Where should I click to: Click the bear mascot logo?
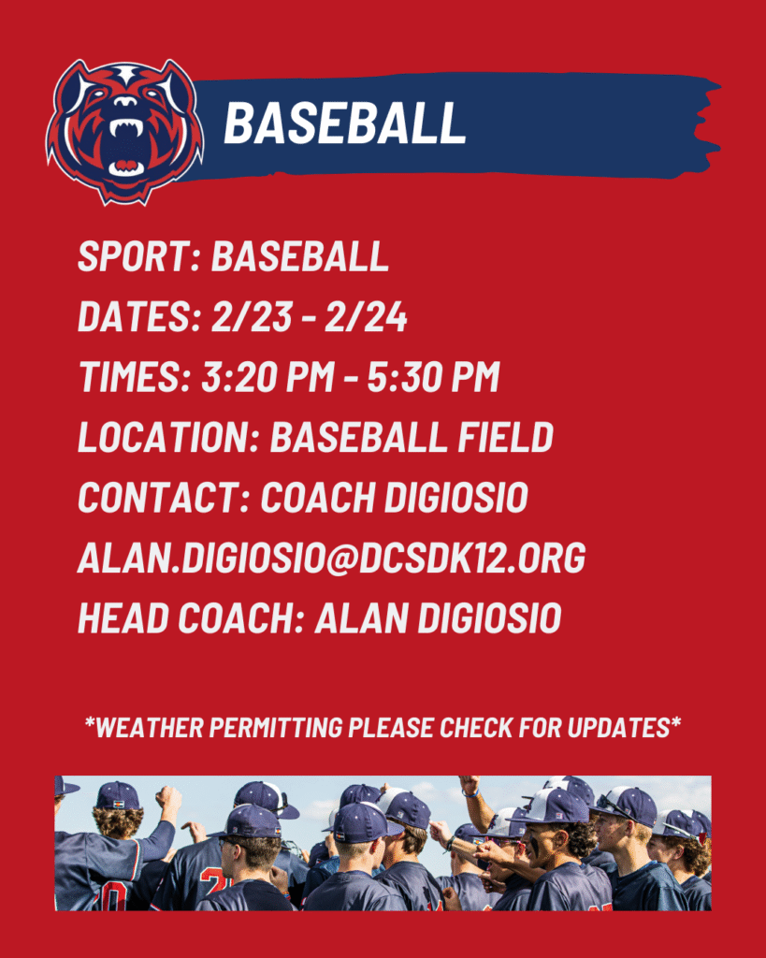(x=125, y=131)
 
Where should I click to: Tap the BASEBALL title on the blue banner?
(x=344, y=123)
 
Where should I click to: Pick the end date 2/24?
(x=366, y=316)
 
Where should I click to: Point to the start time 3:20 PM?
(x=267, y=376)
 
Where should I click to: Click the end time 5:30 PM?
(x=433, y=376)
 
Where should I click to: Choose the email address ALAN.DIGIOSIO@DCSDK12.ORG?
(x=332, y=558)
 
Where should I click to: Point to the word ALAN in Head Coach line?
(x=361, y=617)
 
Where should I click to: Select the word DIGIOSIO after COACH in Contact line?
(x=455, y=498)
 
